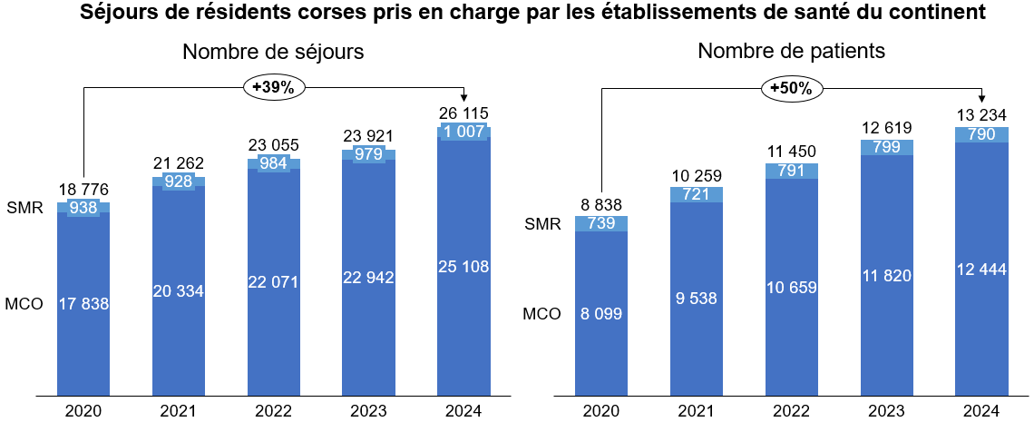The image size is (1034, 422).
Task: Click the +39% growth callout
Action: click(x=273, y=87)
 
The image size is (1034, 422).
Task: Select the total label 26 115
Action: click(x=463, y=114)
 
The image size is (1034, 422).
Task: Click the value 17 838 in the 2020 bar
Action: click(x=83, y=304)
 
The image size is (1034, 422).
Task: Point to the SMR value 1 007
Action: click(x=463, y=132)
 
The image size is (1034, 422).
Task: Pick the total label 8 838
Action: click(x=600, y=206)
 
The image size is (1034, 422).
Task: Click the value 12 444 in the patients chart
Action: click(x=981, y=270)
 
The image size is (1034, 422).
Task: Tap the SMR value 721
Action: click(x=696, y=195)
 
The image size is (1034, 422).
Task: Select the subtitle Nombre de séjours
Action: click(x=273, y=52)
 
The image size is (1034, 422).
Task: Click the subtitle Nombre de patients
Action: click(x=791, y=51)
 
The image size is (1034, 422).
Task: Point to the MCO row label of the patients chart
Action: click(x=541, y=314)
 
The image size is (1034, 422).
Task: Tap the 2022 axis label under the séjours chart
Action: click(x=274, y=409)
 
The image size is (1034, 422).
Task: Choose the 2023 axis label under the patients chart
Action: click(x=886, y=409)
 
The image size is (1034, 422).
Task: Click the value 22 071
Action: click(x=274, y=282)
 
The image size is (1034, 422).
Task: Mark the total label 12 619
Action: click(x=886, y=128)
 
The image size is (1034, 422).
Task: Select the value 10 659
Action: click(x=791, y=288)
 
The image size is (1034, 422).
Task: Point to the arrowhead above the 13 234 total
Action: click(x=981, y=98)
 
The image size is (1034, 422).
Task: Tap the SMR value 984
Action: click(x=274, y=163)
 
